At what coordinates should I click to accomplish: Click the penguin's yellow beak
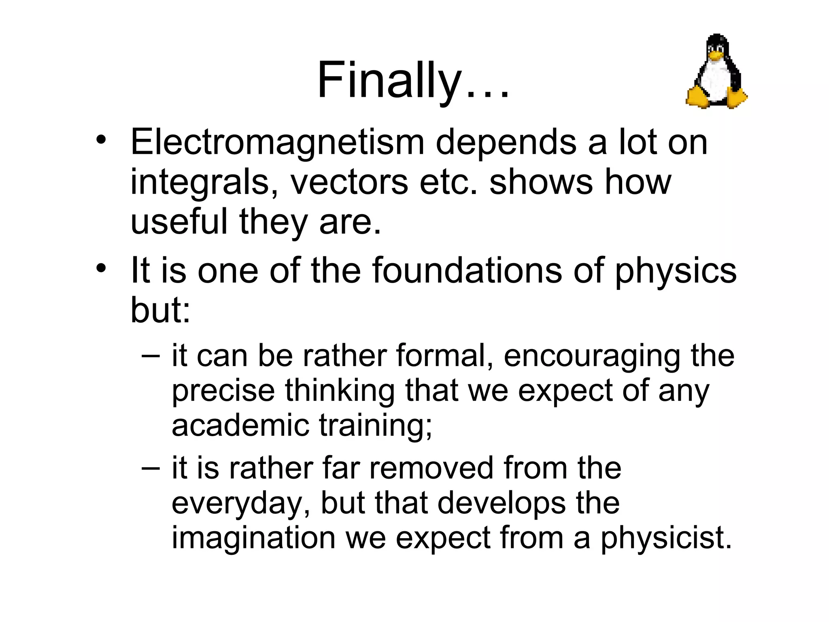716,56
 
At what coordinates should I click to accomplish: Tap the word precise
223,391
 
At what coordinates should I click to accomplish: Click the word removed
432,468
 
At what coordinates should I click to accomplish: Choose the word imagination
253,538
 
